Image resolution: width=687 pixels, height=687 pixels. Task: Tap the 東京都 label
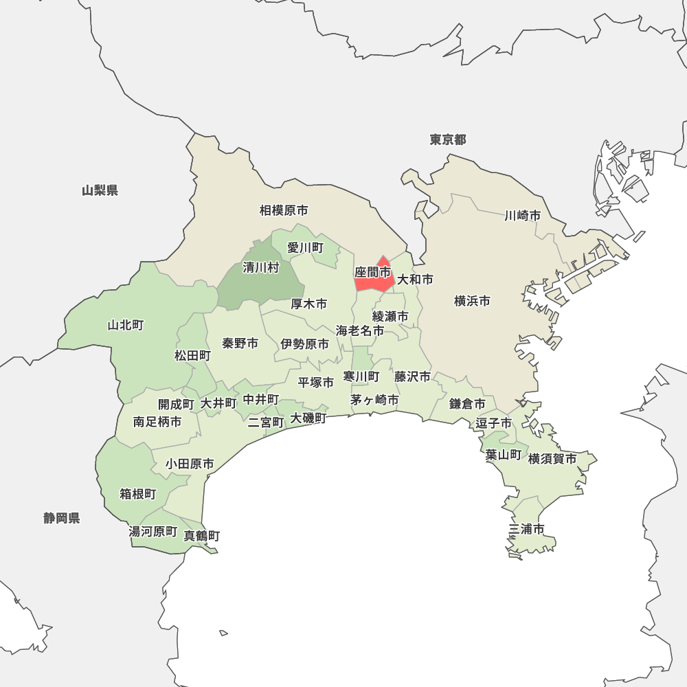(x=448, y=140)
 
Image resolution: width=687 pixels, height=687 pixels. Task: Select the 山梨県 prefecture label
(x=100, y=190)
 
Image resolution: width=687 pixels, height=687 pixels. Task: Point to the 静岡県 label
(x=62, y=518)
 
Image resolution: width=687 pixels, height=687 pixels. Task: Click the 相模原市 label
(x=284, y=210)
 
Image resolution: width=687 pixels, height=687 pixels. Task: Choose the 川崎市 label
(x=522, y=216)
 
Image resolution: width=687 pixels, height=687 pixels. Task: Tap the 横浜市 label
(x=472, y=301)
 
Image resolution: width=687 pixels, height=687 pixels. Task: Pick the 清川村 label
(x=261, y=268)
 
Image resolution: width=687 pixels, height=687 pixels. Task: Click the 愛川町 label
(x=305, y=247)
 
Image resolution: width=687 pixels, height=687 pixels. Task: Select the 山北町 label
(x=126, y=325)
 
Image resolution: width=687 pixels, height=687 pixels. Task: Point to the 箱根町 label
(x=138, y=494)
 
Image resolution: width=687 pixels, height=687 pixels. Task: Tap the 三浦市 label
(x=527, y=529)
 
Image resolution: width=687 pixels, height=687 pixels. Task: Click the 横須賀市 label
(x=552, y=458)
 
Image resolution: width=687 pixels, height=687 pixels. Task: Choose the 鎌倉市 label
(x=468, y=403)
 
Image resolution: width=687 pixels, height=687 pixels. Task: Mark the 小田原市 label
(x=190, y=464)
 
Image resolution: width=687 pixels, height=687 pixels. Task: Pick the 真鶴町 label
(x=202, y=535)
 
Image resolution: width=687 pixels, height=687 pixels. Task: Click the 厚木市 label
(x=308, y=304)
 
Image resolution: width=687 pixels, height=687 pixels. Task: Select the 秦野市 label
(x=240, y=343)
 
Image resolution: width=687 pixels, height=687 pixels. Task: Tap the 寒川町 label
(x=361, y=376)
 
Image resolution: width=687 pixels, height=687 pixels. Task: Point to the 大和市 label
(x=416, y=280)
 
